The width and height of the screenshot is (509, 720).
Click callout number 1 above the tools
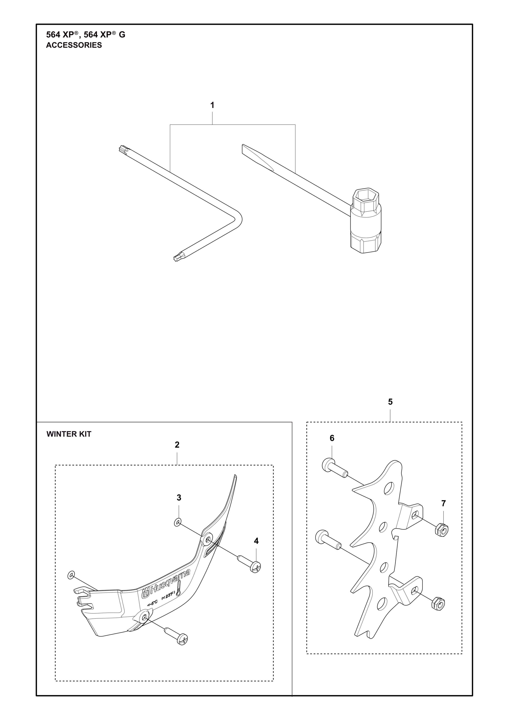212,105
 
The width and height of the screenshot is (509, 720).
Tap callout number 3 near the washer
179,498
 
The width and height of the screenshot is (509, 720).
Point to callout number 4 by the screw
256,541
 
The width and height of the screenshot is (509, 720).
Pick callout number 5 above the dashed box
390,402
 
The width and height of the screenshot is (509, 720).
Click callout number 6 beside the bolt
332,438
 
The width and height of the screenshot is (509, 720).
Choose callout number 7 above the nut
443,504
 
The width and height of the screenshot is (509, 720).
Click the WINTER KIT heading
69,434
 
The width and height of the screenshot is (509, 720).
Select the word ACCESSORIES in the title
74,45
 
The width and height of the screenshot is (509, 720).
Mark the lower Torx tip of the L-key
176,258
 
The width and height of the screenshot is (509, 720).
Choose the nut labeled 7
442,530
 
